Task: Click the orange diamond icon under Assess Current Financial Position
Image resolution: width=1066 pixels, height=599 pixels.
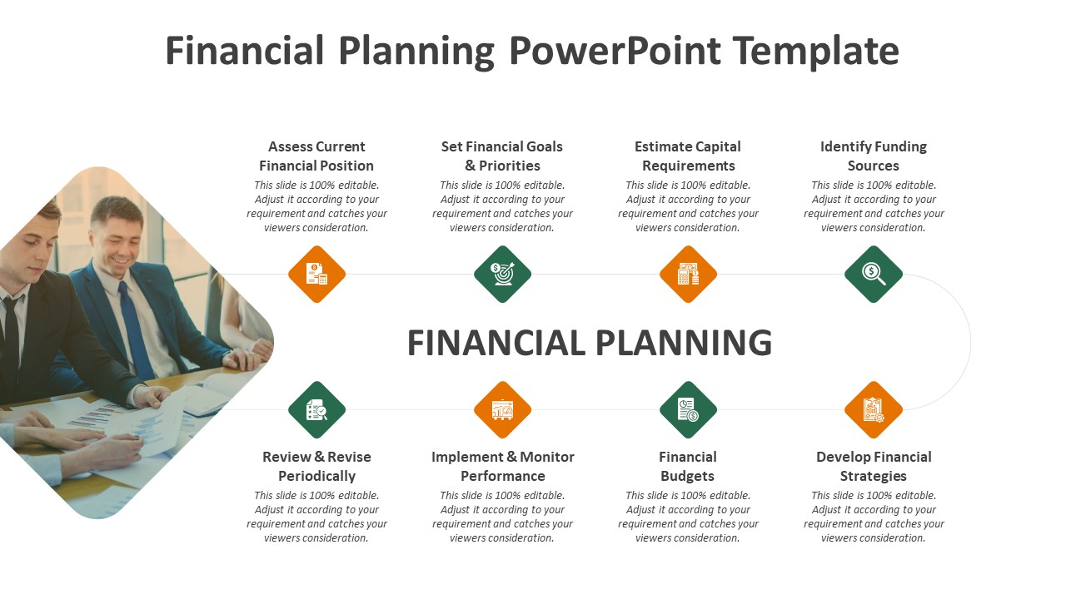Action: [317, 275]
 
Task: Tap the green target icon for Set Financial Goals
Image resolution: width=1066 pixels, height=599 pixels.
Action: [502, 275]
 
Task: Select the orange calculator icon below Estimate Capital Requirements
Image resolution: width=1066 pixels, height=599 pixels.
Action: [688, 275]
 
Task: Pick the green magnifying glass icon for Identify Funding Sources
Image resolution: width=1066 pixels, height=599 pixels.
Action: [874, 275]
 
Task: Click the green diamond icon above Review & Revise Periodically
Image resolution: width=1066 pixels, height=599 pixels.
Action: [317, 410]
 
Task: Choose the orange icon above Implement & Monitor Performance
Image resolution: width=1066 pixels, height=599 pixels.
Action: [502, 410]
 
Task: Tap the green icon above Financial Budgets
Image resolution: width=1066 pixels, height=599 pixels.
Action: [688, 410]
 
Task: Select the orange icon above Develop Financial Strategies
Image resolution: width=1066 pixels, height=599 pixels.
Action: [874, 410]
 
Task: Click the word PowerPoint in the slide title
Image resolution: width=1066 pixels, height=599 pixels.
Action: [615, 51]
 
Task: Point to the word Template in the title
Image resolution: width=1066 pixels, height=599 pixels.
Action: [815, 52]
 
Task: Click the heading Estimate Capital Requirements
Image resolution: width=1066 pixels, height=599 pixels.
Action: [688, 156]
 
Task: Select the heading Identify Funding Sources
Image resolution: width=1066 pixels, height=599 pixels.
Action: [874, 156]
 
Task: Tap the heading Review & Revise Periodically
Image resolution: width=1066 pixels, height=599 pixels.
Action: [317, 467]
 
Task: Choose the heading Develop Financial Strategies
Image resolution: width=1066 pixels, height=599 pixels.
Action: [874, 467]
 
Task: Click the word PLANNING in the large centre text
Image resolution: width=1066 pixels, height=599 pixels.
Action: [684, 343]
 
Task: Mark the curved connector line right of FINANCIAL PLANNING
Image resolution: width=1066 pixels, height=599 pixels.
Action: [970, 342]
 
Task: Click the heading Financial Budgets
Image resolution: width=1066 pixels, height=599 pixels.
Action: [688, 467]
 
